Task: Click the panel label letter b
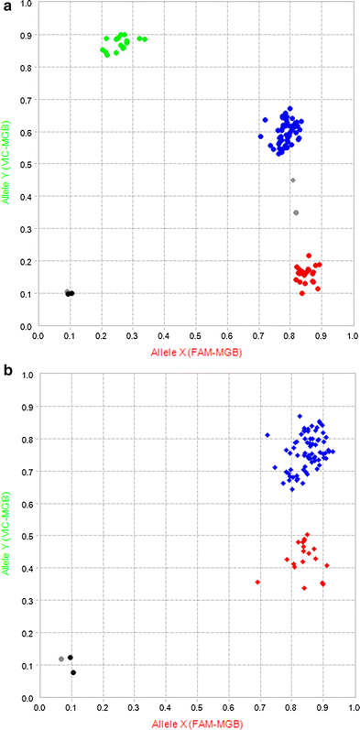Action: pos(6,371)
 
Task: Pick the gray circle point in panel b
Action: pos(61,659)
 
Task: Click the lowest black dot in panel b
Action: pos(73,672)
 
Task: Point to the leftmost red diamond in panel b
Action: pos(258,583)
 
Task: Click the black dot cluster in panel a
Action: pos(70,293)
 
